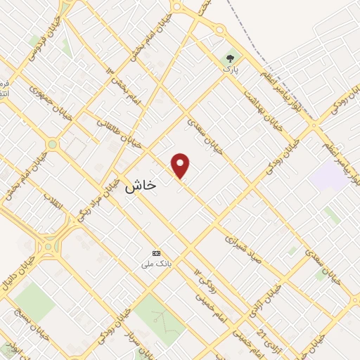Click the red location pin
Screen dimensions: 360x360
tap(181, 165)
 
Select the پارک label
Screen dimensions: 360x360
tap(231, 71)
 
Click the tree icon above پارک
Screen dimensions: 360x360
tap(231, 59)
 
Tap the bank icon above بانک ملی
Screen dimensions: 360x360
tap(156, 253)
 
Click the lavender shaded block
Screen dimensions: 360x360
tap(326, 175)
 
